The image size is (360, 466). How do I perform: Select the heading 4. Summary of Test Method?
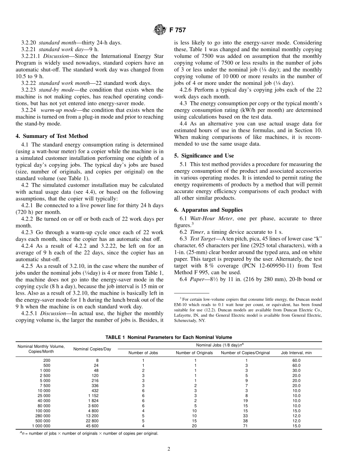tap(55, 136)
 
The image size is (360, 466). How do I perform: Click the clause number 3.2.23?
tap(29, 90)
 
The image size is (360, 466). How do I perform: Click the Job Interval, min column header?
tap(296, 353)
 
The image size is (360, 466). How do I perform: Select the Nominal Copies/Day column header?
tap(92, 349)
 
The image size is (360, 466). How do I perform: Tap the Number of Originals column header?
tap(195, 353)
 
